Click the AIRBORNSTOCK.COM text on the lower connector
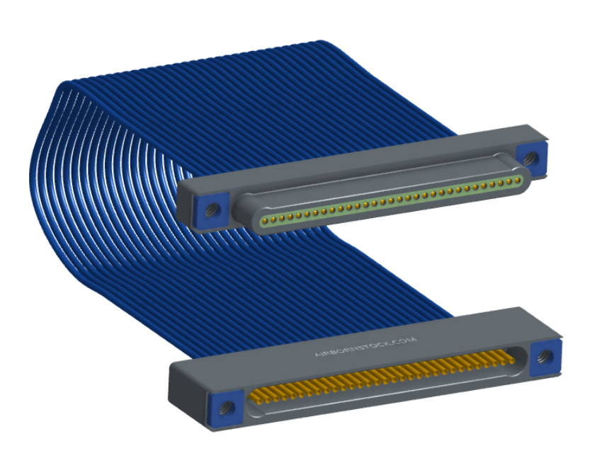(x=365, y=347)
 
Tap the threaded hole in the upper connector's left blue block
(x=212, y=210)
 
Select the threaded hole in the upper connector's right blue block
(x=531, y=158)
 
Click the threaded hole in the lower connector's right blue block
(x=544, y=356)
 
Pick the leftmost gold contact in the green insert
(x=264, y=220)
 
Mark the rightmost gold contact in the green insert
(x=518, y=180)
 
